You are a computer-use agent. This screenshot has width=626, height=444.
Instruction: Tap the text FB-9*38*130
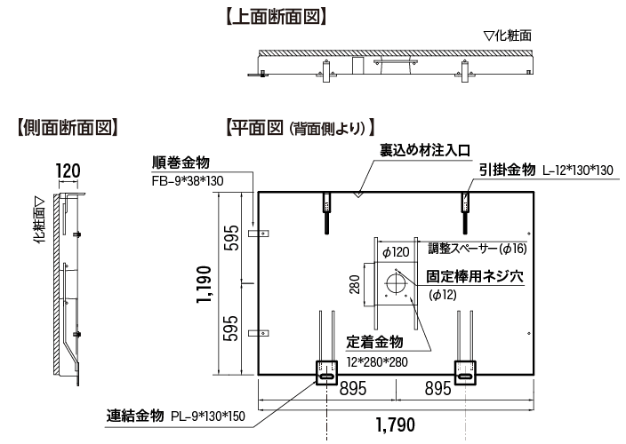pos(188,180)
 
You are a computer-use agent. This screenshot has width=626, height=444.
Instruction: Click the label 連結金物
pos(134,416)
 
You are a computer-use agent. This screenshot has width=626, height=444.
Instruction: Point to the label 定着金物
pos(375,343)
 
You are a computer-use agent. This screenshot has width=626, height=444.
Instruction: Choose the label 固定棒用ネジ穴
pos(473,276)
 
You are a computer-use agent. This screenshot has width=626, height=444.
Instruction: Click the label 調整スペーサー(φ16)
pos(478,248)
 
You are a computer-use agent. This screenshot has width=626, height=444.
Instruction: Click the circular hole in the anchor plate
pos(394,284)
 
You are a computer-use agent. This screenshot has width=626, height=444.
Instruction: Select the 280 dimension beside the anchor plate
pos(355,285)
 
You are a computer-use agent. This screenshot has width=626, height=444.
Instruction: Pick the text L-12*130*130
pos(577,170)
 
